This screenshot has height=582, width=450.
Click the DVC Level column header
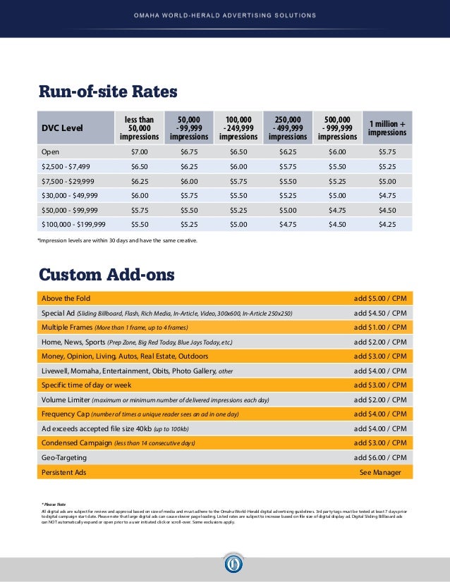62,128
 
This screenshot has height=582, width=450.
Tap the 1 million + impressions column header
387,128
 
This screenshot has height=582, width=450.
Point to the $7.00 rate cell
140,151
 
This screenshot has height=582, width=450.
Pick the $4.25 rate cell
387,224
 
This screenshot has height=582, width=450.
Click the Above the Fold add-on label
66,298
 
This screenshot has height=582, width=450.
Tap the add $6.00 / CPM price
380,457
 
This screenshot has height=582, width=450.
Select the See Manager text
380,472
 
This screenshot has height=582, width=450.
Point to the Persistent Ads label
63,472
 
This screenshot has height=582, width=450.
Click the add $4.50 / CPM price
380,313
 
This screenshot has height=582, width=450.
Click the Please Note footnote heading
53,504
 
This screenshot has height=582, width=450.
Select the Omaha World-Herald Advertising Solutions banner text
225,15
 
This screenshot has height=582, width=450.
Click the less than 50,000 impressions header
140,128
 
